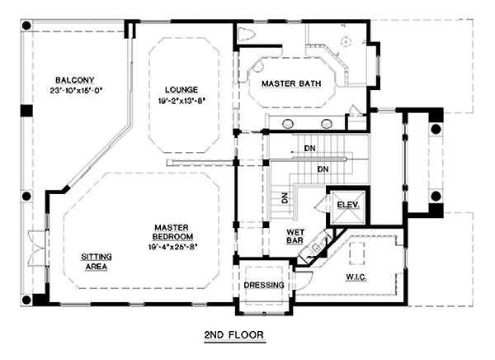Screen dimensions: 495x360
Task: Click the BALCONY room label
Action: (75, 80)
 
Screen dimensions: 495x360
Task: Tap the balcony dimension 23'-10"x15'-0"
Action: (77, 91)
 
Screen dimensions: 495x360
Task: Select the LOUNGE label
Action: (181, 90)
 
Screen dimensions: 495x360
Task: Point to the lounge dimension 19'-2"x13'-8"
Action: (181, 101)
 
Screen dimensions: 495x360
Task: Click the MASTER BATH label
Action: (291, 83)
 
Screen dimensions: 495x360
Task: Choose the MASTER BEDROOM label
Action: (172, 232)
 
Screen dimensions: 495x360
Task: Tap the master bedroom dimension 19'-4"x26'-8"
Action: (172, 247)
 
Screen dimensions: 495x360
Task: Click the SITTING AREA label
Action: (97, 262)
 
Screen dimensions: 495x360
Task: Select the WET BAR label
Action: (295, 236)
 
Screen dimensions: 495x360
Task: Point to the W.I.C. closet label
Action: (356, 277)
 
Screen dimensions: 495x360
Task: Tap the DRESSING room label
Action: (264, 285)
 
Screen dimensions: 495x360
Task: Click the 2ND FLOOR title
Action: (234, 334)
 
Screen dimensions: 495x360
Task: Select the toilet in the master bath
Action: (246, 35)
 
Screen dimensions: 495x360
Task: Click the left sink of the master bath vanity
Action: (288, 124)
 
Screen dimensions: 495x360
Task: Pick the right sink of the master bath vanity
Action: (327, 124)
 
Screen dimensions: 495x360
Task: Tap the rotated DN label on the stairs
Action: (285, 198)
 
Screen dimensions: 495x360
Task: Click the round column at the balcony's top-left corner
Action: (26, 26)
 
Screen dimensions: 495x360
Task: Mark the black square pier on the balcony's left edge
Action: (27, 111)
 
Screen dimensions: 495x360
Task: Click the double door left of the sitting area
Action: (37, 248)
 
